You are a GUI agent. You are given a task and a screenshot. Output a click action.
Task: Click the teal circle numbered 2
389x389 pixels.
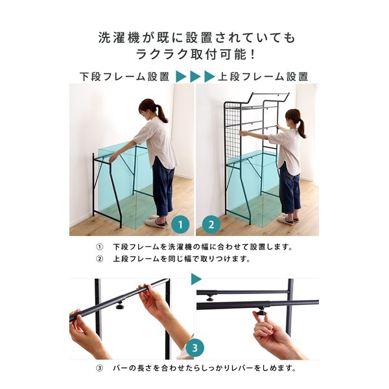[209, 226]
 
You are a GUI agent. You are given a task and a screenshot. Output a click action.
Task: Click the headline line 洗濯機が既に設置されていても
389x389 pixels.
[194, 38]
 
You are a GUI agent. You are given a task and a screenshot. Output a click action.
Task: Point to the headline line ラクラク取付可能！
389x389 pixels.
[194, 54]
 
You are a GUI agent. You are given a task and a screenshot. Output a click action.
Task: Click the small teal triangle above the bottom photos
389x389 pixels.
[196, 279]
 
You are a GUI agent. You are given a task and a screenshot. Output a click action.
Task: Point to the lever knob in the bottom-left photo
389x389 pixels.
[121, 304]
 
